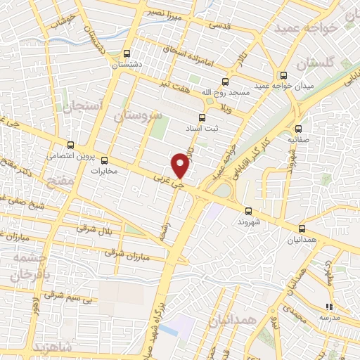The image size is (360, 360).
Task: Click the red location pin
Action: (181, 164)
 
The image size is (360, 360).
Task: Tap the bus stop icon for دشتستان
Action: (127, 53)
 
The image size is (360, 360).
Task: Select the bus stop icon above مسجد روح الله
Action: (225, 81)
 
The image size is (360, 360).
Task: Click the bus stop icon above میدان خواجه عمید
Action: (283, 75)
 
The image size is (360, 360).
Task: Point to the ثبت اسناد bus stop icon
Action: (202, 117)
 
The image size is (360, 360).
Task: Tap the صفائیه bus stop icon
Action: (299, 129)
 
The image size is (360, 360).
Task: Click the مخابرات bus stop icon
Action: (105, 160)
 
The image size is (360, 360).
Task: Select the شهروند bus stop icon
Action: (248, 210)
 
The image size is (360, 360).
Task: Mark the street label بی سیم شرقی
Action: (68, 298)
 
